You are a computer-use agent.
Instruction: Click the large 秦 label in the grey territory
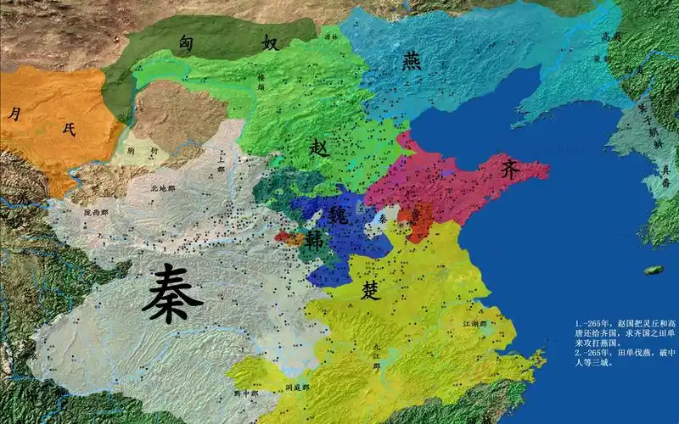172,293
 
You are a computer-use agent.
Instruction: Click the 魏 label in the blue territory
339,214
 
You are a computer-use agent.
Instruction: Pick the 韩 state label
314,237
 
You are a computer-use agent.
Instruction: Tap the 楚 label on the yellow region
371,290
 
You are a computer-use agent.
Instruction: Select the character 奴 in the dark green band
269,42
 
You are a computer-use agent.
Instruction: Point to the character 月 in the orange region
14,111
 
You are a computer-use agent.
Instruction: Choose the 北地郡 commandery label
162,188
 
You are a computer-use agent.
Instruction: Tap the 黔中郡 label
246,394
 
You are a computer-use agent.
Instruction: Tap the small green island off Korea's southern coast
653,271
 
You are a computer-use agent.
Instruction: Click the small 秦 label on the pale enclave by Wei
384,217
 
